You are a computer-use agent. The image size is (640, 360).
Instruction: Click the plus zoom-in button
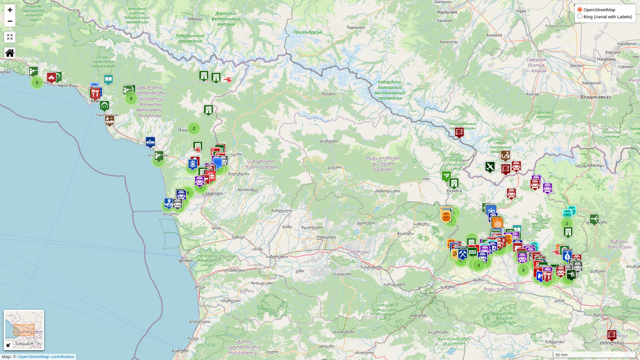[10, 10]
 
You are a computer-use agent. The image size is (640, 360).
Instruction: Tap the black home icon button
[10, 52]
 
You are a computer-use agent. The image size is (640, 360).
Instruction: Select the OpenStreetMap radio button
[580, 9]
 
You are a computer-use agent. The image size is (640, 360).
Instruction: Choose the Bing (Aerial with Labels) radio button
[580, 16]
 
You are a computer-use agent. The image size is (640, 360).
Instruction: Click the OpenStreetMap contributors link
[46, 357]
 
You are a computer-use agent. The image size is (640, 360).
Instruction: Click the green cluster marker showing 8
[131, 98]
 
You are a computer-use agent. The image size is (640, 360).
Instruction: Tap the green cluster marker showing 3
[523, 270]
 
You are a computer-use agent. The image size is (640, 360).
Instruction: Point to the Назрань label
[606, 59]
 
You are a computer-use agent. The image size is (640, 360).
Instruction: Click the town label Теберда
[194, 19]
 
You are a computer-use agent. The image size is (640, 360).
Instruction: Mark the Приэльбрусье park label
[308, 32]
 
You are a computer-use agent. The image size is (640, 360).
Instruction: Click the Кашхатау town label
[449, 42]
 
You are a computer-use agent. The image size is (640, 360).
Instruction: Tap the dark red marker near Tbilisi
[611, 335]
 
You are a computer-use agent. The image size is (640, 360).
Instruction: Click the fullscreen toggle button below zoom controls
[10, 37]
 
